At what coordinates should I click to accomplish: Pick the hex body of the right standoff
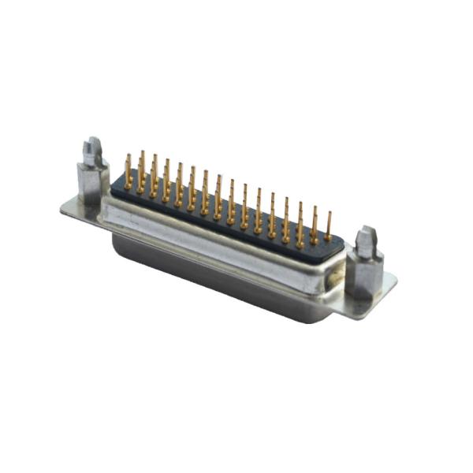[364, 272]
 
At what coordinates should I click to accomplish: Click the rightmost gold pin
[327, 225]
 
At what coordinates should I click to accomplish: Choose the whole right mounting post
[365, 264]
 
